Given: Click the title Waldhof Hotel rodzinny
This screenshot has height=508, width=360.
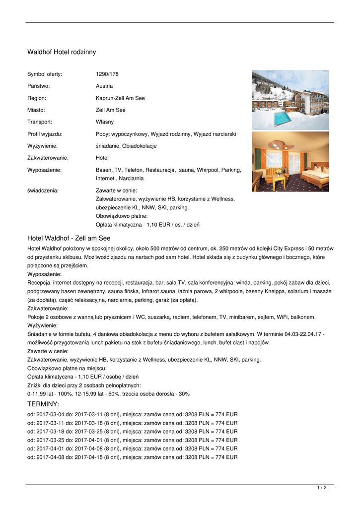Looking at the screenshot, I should click(62, 52).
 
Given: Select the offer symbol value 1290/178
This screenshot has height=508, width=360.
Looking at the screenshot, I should click(107, 74).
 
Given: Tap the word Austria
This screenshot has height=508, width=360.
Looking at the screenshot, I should click(104, 86).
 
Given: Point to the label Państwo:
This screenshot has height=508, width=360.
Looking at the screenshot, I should click(38, 86).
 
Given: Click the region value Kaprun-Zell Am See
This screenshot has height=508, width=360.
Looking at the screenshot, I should click(120, 98).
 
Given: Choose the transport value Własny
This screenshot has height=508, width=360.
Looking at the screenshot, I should click(105, 122).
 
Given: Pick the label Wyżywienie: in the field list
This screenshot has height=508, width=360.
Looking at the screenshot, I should click(42, 146).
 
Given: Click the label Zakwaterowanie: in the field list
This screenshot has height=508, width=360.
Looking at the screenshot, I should click(48, 158).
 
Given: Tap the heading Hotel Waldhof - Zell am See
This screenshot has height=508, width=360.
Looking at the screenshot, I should click(69, 239).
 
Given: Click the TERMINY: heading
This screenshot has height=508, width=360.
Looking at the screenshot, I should click(43, 404).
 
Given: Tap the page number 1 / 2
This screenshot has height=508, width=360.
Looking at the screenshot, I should click(322, 488).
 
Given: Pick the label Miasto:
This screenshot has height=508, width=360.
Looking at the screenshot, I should click(36, 110).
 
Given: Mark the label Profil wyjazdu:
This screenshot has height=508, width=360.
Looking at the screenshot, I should click(45, 134).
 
